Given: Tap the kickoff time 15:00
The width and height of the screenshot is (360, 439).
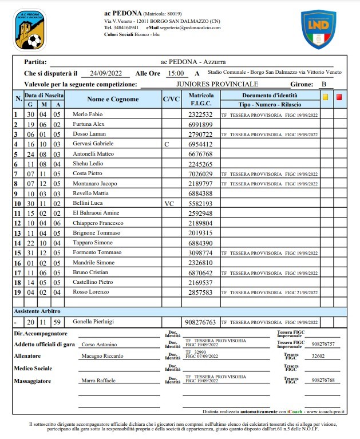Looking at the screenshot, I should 176,73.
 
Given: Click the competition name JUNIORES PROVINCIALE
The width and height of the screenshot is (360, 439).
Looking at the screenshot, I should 209,84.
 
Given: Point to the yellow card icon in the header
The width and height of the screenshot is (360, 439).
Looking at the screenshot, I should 325,97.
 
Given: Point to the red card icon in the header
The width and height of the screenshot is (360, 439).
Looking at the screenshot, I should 339,97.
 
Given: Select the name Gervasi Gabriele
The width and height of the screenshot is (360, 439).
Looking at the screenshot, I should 93,144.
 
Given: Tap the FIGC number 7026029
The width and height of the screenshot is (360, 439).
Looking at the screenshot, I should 200,173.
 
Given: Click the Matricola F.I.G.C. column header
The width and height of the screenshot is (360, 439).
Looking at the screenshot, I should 201,99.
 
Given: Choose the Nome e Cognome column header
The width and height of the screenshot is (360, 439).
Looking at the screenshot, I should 113,99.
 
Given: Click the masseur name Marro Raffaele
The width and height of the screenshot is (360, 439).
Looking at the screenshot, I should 99,380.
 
